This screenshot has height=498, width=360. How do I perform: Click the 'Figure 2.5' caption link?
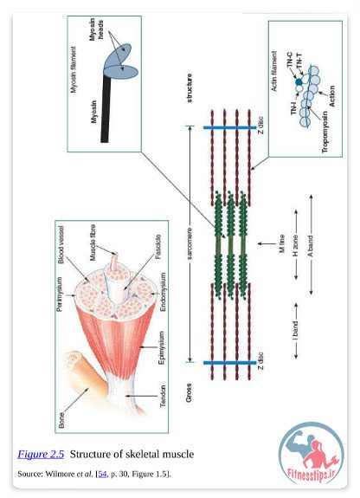[x=41, y=454]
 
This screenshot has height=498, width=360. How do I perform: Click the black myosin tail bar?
[x=106, y=109]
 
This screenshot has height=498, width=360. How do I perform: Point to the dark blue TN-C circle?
[x=299, y=82]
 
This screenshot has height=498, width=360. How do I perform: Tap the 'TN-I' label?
[x=293, y=107]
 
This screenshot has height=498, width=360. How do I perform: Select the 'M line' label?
[x=282, y=244]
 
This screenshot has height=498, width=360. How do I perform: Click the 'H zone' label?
[x=295, y=246]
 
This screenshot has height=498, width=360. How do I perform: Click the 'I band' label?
[x=295, y=331]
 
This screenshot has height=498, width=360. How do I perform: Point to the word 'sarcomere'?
[x=190, y=243]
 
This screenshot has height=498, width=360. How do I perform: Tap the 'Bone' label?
[x=61, y=420]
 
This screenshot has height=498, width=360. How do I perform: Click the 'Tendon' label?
[x=163, y=396]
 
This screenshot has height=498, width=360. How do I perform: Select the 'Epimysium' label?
[x=161, y=348]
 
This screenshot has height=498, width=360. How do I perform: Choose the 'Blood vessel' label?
[x=61, y=244]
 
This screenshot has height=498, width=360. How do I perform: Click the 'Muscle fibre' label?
[x=93, y=243]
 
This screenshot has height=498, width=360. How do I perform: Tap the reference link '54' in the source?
[x=102, y=474]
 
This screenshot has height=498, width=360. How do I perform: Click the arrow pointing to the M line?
[x=267, y=244]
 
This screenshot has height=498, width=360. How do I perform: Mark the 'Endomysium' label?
[x=163, y=292]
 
